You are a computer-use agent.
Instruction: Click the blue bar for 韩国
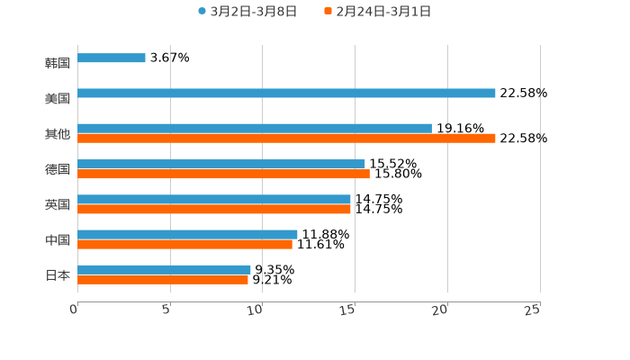point(112,58)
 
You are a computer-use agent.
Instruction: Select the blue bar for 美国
point(286,94)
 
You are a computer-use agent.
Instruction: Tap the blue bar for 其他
point(255,129)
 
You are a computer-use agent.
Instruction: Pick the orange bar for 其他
point(286,139)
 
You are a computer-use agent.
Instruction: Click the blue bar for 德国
point(221,164)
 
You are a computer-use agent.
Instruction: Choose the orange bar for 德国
point(223,174)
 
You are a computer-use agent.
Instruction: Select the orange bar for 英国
point(214,209)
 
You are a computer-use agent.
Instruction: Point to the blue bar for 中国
point(187,234)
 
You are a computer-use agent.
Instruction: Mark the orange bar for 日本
point(163,280)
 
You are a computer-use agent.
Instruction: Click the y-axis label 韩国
point(58,64)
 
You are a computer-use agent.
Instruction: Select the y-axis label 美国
point(58,99)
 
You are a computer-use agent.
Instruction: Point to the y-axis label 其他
point(58,134)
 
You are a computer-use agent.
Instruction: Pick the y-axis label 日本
point(58,275)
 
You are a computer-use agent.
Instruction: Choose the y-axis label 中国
point(58,240)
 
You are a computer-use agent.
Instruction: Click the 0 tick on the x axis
point(74,310)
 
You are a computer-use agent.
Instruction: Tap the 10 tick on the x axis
point(256,310)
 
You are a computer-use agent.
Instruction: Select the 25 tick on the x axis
point(533,310)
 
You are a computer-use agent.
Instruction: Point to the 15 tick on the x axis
point(348,310)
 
